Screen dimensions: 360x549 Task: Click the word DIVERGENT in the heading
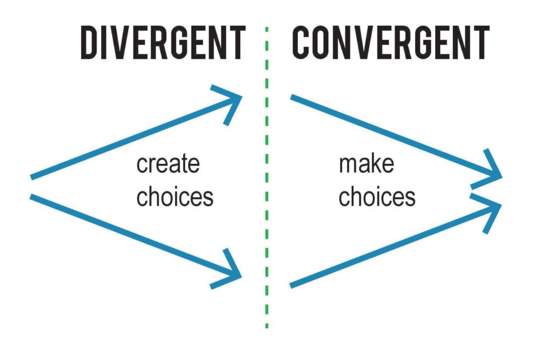[x=162, y=43]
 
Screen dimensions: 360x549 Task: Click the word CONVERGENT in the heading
[x=390, y=43]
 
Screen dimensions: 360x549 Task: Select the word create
[x=168, y=164]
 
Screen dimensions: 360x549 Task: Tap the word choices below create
[x=174, y=197]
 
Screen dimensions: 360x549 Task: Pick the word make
[x=367, y=164]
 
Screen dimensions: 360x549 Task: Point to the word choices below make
[x=377, y=197]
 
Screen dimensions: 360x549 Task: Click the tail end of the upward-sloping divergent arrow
[x=33, y=177]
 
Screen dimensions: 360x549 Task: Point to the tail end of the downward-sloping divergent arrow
[x=33, y=197]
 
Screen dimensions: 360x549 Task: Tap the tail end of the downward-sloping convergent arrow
[x=293, y=97]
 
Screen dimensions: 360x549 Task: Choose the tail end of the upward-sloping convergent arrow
[x=293, y=285]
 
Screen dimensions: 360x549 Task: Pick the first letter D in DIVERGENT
[x=90, y=43]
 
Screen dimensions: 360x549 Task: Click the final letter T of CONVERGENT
[x=481, y=43]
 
